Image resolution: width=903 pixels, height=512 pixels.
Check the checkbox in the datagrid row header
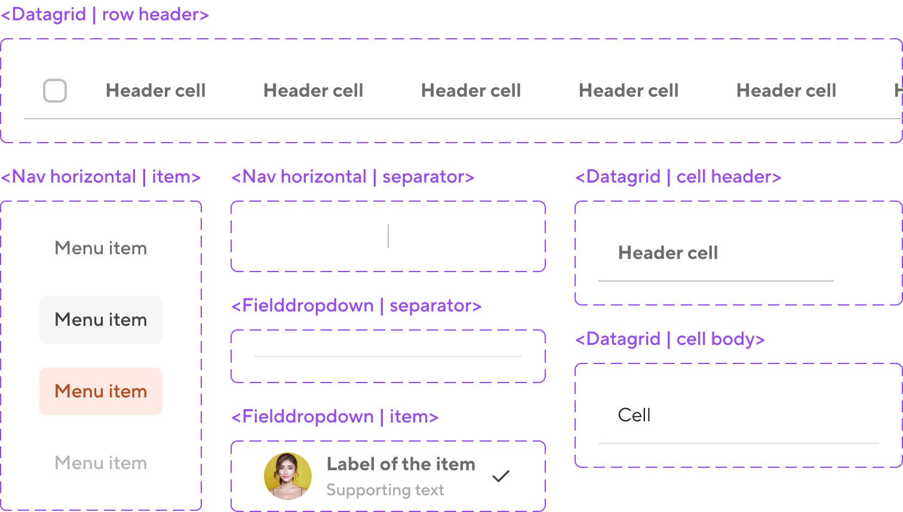[55, 91]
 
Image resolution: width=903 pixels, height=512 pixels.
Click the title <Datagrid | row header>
[105, 14]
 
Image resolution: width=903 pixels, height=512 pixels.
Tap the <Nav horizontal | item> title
[101, 177]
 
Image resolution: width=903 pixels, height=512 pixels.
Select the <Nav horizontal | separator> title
[352, 177]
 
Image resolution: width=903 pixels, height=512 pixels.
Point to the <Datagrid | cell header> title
[678, 177]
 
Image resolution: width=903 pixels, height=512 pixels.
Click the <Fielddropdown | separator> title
[356, 306]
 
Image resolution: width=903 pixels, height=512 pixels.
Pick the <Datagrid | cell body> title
[669, 339]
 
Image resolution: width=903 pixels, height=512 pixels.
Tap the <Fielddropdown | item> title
[334, 417]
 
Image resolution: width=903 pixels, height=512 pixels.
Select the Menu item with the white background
[101, 320]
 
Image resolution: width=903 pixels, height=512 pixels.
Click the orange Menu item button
[101, 391]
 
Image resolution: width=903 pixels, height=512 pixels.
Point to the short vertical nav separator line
[388, 236]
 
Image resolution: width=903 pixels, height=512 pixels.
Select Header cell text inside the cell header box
[668, 253]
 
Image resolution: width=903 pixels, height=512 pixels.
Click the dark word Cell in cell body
[634, 415]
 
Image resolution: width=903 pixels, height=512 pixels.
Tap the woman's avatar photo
[288, 476]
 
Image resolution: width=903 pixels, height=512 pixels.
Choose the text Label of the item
[401, 464]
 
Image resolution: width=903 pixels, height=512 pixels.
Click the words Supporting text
[385, 490]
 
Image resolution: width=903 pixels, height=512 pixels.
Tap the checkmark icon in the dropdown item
[500, 476]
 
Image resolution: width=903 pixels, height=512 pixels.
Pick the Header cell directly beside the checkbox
[155, 91]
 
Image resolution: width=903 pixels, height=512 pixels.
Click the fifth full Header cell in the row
[786, 91]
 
